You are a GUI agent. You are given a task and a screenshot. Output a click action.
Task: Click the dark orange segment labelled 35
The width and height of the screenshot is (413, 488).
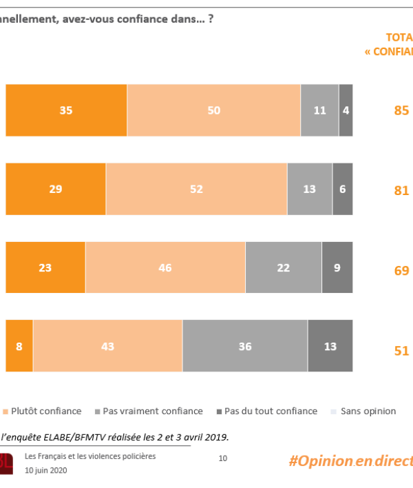pos(66,110)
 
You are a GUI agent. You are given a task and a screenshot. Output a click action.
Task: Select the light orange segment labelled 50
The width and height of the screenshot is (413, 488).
pos(213,110)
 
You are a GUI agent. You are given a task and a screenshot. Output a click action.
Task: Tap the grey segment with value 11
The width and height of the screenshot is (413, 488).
pos(319,110)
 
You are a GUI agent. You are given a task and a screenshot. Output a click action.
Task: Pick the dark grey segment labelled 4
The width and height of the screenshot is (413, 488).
pos(346,110)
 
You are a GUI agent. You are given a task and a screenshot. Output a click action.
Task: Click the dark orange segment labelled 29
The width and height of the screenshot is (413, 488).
pos(56,189)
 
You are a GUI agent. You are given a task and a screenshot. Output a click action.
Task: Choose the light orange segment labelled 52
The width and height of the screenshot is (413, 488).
pos(196,189)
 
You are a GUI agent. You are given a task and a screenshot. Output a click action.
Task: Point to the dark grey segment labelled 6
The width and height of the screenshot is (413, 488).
pos(342,189)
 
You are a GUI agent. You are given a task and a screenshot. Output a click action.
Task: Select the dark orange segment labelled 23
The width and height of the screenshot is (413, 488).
pos(45,267)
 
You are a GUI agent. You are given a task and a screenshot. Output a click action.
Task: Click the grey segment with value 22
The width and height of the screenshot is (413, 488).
pos(283,267)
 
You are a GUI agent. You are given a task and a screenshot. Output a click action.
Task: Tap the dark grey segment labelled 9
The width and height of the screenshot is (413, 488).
pos(337,267)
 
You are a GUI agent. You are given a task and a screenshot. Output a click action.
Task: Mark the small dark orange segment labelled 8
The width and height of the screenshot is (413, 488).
pos(19,346)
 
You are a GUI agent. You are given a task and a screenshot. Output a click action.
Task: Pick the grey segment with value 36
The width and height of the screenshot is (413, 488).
pos(245,346)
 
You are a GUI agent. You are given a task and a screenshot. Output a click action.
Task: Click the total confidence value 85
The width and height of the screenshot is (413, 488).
pos(401,110)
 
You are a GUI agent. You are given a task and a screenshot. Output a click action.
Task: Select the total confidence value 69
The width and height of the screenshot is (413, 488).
pos(401,270)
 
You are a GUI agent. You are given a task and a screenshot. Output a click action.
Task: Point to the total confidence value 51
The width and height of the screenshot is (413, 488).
pos(401,351)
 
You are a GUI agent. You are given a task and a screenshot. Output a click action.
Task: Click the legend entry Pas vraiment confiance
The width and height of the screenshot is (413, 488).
pos(152,411)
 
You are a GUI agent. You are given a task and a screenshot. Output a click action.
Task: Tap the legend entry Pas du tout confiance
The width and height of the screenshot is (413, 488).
pos(271,411)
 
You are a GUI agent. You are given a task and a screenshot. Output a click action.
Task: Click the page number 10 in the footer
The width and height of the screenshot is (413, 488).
pos(222,458)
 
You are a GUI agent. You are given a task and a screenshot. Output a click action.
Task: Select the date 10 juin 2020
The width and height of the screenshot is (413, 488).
pos(46,470)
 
